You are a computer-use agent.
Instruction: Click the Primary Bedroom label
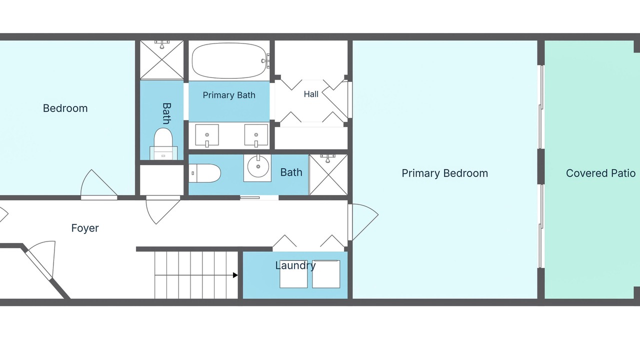pos(444,173)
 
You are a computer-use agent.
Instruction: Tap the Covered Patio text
pos(600,173)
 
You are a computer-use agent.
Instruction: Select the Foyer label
pos(85,228)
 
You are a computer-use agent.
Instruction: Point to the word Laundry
pos(295,265)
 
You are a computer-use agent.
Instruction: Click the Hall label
pos(311,94)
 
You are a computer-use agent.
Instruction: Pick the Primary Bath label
pos(229,95)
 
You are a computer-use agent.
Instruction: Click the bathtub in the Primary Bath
pos(229,60)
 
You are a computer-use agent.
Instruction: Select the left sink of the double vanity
pos(207,135)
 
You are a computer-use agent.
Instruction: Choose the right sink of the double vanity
pos(256,135)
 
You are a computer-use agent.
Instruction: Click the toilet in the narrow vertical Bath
pos(163,143)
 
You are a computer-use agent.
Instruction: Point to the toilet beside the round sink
pos(204,173)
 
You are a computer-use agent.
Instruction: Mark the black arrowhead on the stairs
pos(235,275)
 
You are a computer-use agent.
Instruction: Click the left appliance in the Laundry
pos(293,274)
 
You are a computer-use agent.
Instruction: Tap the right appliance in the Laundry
pos(326,274)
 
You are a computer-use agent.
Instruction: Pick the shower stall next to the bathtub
pos(161,59)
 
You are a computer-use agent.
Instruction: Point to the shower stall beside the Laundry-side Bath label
pos(328,175)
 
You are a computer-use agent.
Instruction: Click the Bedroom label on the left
pos(65,108)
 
